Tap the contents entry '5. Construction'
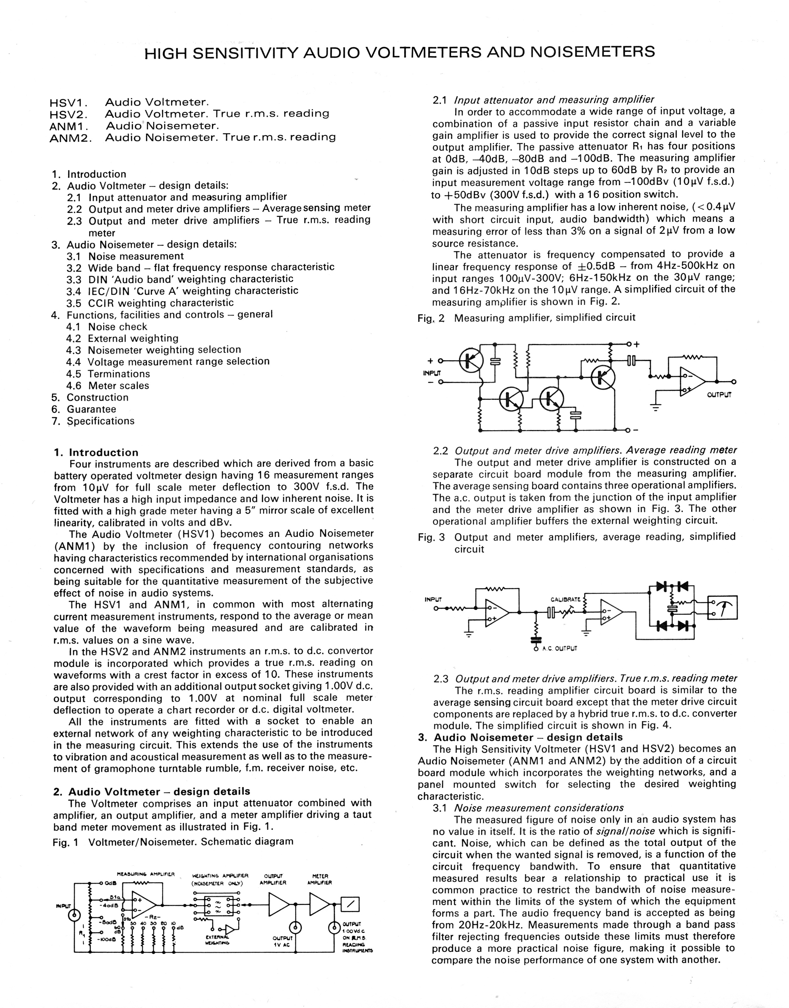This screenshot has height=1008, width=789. [97, 397]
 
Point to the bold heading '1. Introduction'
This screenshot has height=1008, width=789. [96, 452]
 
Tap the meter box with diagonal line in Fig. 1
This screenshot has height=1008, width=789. [350, 904]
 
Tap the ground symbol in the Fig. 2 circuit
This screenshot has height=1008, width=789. [655, 408]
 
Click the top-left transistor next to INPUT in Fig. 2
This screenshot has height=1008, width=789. [471, 360]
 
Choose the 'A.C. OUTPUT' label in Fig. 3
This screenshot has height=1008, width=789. [559, 648]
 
